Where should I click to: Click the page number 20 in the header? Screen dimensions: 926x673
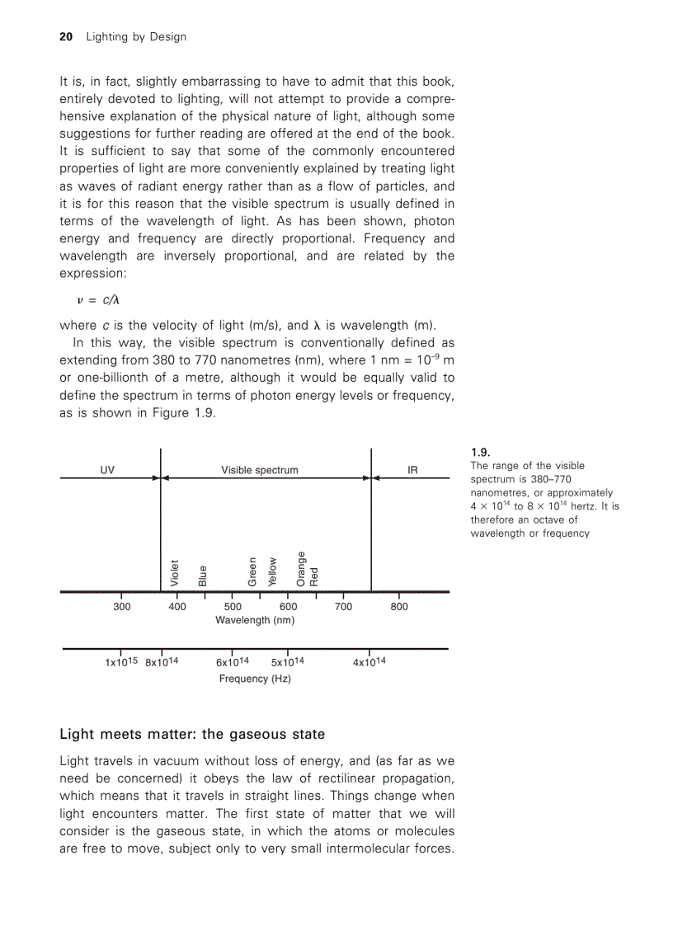[67, 37]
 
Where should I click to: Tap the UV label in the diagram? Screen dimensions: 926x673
[107, 470]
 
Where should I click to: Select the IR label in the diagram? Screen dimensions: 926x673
[412, 470]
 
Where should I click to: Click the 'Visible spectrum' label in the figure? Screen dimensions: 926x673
[260, 470]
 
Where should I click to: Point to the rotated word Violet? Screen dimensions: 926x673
[175, 572]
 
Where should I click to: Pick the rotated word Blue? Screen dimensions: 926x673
[203, 576]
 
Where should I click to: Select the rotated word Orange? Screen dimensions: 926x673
[301, 568]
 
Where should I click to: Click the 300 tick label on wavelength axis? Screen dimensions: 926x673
[121, 607]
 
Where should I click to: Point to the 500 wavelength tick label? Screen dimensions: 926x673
[233, 607]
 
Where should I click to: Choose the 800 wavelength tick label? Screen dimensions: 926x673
[399, 607]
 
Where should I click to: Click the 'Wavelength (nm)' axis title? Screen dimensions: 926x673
[255, 620]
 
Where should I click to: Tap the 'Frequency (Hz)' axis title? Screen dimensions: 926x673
[255, 679]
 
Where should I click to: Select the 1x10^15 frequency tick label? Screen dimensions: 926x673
[121, 662]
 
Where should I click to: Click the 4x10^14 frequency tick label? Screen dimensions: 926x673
[369, 662]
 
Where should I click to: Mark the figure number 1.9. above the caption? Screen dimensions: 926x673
[481, 452]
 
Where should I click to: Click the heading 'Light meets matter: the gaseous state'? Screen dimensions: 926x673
[192, 734]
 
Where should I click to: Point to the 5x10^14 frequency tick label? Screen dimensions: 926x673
[288, 662]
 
